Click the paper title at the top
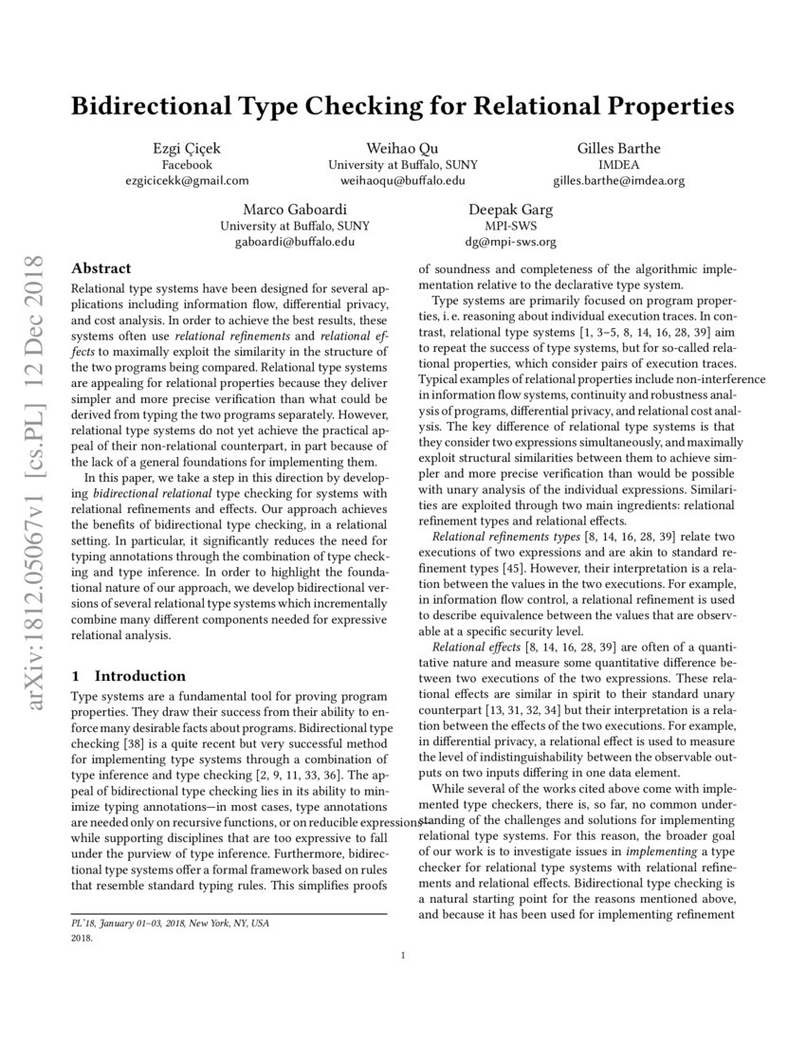403,106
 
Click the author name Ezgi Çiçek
186,148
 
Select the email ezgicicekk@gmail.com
186,180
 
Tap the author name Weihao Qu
403,148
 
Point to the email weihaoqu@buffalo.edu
403,180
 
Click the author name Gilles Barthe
618,148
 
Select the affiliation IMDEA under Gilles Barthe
618,164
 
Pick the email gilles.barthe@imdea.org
618,180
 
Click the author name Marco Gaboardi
295,210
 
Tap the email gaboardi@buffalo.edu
295,242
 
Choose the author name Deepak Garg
510,210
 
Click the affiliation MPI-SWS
510,226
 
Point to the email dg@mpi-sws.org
510,242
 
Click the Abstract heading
101,268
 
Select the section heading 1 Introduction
129,676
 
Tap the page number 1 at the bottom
403,956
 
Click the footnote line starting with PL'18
170,923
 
